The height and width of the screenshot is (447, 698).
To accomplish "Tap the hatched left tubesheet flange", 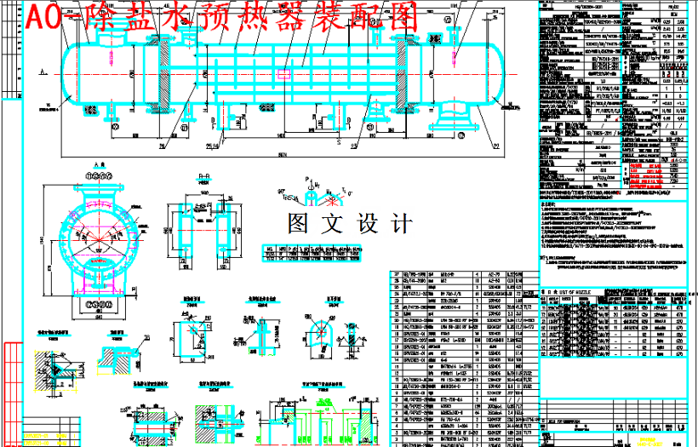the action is coord(154,72).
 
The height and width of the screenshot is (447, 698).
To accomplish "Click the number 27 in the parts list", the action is coord(396,275).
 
